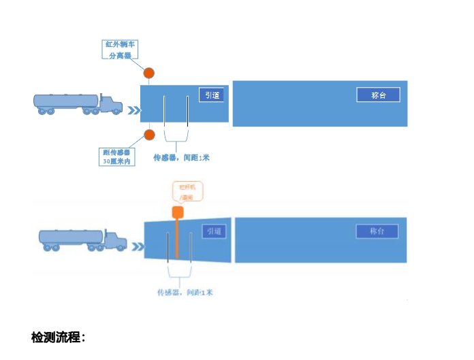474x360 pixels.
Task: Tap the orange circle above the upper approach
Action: tap(149, 73)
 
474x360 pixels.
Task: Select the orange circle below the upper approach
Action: tap(149, 134)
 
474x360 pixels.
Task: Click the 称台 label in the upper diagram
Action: tap(378, 95)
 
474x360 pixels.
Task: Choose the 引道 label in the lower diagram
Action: tap(215, 232)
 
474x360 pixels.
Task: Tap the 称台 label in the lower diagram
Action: tap(377, 231)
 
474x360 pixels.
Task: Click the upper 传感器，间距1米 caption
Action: tap(181, 158)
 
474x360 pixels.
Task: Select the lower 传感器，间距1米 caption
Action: tap(185, 293)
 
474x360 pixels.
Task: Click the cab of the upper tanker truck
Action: tap(110, 104)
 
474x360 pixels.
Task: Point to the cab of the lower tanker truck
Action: tap(116, 240)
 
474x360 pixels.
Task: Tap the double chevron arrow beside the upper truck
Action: tap(136, 110)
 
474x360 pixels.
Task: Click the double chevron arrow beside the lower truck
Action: tap(138, 246)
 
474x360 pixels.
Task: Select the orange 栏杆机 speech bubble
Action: tap(186, 191)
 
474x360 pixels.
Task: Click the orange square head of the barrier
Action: tap(178, 212)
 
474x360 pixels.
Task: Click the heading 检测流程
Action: tap(58, 338)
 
